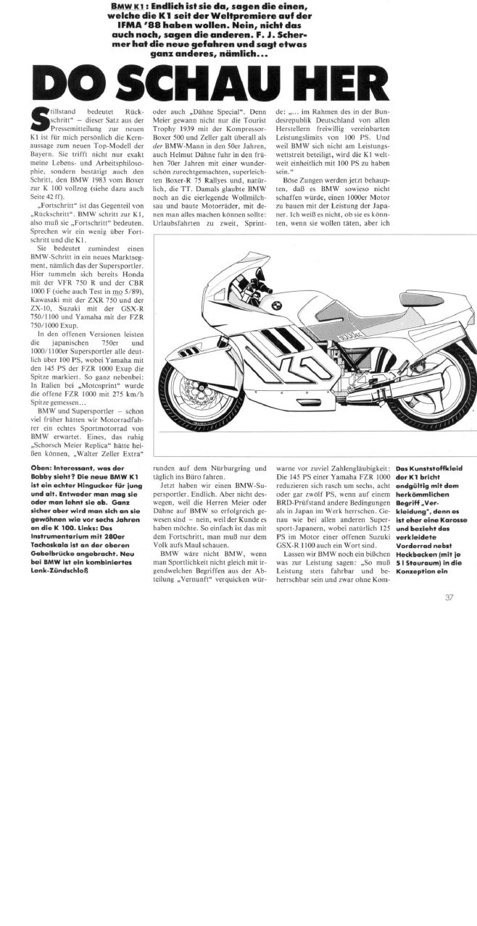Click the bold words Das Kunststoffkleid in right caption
pos(428,468)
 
